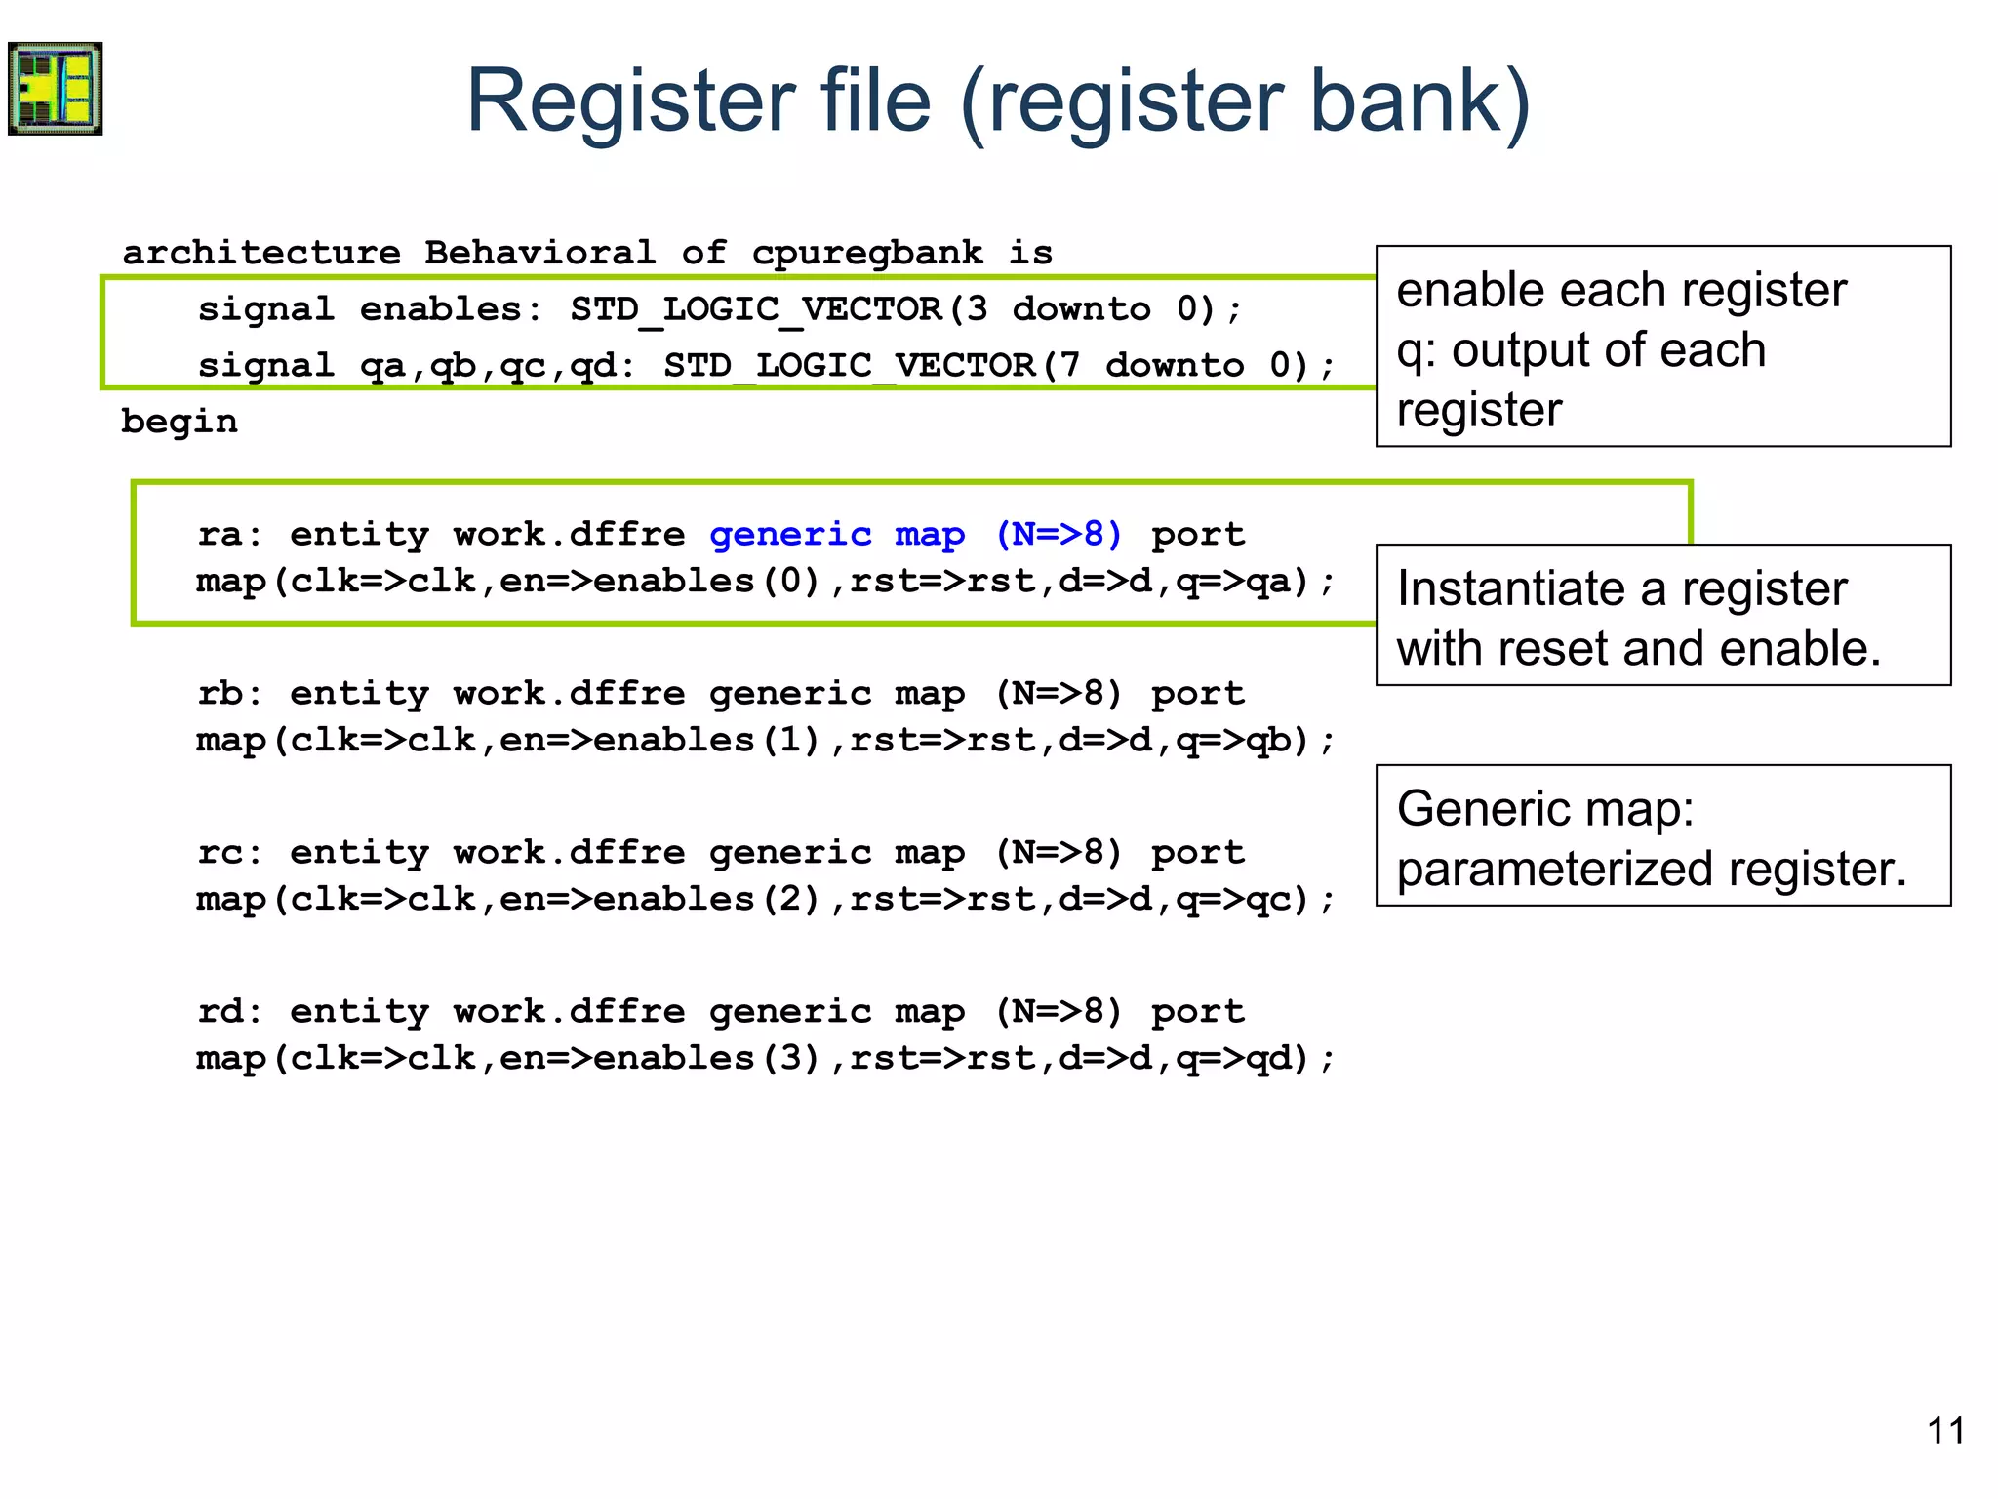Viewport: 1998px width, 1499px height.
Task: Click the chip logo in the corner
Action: [56, 89]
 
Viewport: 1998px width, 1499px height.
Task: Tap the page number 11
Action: [1945, 1431]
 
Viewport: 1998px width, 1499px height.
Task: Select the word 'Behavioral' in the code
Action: [539, 253]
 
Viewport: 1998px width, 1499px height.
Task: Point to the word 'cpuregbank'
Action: [866, 254]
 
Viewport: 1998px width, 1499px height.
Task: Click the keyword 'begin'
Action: [180, 422]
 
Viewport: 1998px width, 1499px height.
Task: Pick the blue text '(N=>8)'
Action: [1059, 534]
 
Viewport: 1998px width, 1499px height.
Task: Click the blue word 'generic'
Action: [790, 535]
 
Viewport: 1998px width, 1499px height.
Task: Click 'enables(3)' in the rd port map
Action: [706, 1058]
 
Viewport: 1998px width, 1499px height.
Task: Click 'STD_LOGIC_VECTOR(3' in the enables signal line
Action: [779, 309]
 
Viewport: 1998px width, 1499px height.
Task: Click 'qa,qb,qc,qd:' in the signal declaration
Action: [498, 366]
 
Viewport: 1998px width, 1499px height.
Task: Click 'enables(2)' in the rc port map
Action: [706, 899]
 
